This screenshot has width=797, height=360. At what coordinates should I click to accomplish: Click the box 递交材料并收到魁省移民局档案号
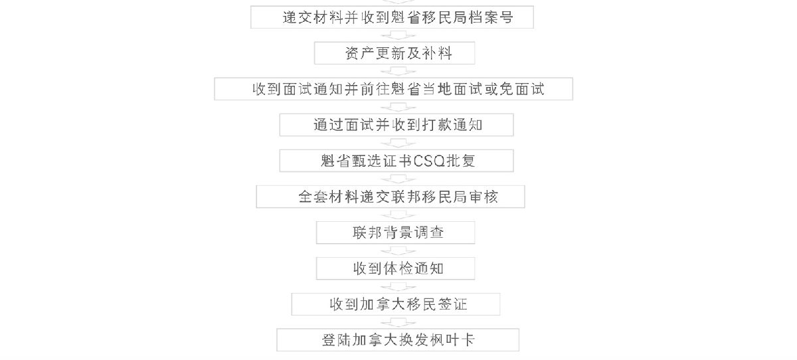392,17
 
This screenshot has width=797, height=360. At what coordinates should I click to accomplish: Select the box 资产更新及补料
395,53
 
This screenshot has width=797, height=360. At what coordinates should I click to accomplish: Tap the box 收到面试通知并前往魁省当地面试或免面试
393,89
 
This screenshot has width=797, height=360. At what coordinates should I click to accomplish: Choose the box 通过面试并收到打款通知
397,125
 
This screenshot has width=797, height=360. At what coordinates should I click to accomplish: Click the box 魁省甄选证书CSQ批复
397,161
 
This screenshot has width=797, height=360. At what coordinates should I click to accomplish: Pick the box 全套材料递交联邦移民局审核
391,197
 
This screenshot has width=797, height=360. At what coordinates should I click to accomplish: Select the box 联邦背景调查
395,232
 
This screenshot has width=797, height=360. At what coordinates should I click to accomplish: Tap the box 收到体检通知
395,268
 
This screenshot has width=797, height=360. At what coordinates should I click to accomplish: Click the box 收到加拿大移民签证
396,304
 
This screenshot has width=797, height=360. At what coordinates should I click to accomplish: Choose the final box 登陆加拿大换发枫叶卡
398,340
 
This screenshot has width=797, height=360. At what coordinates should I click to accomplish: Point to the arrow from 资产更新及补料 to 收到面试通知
398,71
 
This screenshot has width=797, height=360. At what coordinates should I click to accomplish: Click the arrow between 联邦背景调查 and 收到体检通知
398,251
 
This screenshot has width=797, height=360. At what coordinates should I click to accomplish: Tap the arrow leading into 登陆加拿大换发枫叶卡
398,322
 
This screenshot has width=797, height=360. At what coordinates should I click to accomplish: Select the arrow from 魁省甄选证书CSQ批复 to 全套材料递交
398,179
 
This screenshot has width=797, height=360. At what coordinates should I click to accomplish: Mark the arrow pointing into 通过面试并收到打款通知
398,107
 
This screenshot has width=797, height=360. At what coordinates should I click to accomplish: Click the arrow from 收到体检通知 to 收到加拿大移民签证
398,287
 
